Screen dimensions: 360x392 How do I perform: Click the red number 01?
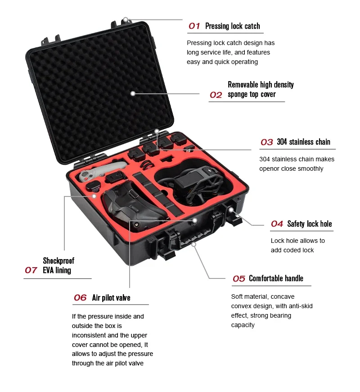[194, 26]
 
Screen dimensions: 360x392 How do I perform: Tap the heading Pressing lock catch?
[233, 26]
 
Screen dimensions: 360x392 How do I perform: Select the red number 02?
[216, 95]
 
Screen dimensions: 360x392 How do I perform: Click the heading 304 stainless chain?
[303, 142]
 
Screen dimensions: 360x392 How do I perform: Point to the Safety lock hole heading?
[309, 224]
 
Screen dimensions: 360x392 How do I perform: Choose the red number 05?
[238, 279]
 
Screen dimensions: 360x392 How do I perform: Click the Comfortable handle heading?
[276, 278]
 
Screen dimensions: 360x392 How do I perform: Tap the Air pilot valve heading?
[111, 298]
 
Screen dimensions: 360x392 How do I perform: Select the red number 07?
[31, 270]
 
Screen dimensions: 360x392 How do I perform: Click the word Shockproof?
[58, 261]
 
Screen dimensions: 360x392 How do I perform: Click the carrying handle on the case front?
[194, 237]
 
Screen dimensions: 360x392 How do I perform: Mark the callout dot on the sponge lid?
[133, 94]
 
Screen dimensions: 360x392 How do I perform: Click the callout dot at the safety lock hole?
[231, 210]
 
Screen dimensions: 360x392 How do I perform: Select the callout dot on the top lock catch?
[126, 19]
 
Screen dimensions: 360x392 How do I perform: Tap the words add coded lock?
[292, 250]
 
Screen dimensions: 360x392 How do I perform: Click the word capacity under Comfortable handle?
[243, 325]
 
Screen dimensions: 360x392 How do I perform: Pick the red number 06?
[80, 298]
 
